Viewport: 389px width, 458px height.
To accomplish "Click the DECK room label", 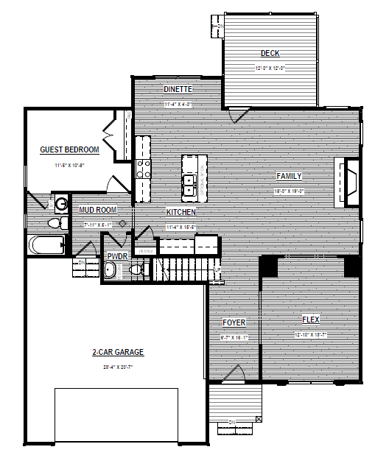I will tap(270, 53).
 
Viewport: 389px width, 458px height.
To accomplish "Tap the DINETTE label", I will tap(178, 89).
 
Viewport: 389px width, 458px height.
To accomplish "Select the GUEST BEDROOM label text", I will tap(70, 150).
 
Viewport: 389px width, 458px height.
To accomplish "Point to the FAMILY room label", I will tap(290, 176).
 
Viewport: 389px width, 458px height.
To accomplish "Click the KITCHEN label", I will tap(181, 212).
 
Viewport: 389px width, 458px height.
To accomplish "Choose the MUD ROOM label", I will tap(97, 210).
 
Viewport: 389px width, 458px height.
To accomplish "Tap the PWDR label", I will tap(118, 256).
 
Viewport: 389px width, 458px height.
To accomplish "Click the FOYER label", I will tap(234, 323).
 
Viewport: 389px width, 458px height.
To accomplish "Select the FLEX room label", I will tap(311, 320).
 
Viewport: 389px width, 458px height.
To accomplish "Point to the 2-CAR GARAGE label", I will tap(118, 353).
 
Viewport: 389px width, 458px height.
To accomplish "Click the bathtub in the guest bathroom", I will tap(46, 244).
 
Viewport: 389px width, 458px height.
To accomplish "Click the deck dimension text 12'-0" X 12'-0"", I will tap(270, 68).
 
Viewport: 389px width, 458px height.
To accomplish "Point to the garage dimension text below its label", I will tap(118, 366).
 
